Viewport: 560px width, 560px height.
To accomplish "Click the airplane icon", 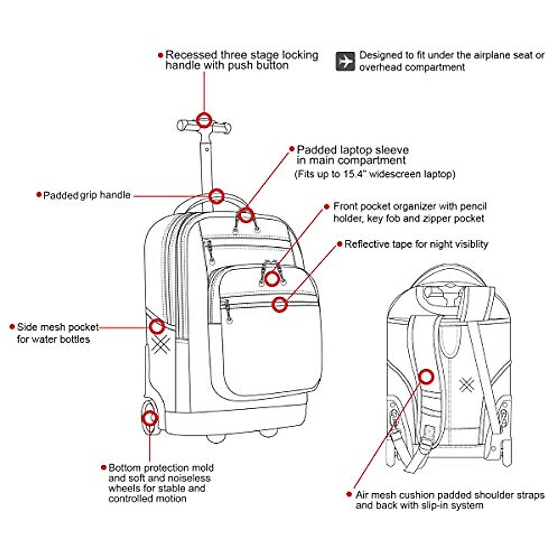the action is (x=345, y=61).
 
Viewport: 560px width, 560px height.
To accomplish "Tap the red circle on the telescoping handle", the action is (x=204, y=120).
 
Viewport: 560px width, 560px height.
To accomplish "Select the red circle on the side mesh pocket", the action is (x=157, y=327).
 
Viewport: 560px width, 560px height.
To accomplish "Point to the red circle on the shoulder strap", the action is (x=426, y=377).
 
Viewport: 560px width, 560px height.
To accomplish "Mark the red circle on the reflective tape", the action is (x=280, y=304).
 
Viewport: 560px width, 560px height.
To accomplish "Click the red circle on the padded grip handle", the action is (x=216, y=196).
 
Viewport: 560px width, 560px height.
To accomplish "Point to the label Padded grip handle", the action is (x=87, y=195).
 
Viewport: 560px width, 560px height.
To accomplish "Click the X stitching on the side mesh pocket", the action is (x=161, y=344).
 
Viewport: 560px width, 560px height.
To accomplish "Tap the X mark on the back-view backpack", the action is (x=467, y=385).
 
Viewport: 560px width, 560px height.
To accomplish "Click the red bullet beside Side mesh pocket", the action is (x=12, y=327).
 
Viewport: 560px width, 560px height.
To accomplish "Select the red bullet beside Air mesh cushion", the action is (x=350, y=494).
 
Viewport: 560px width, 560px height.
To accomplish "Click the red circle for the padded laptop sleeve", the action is (x=246, y=215).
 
